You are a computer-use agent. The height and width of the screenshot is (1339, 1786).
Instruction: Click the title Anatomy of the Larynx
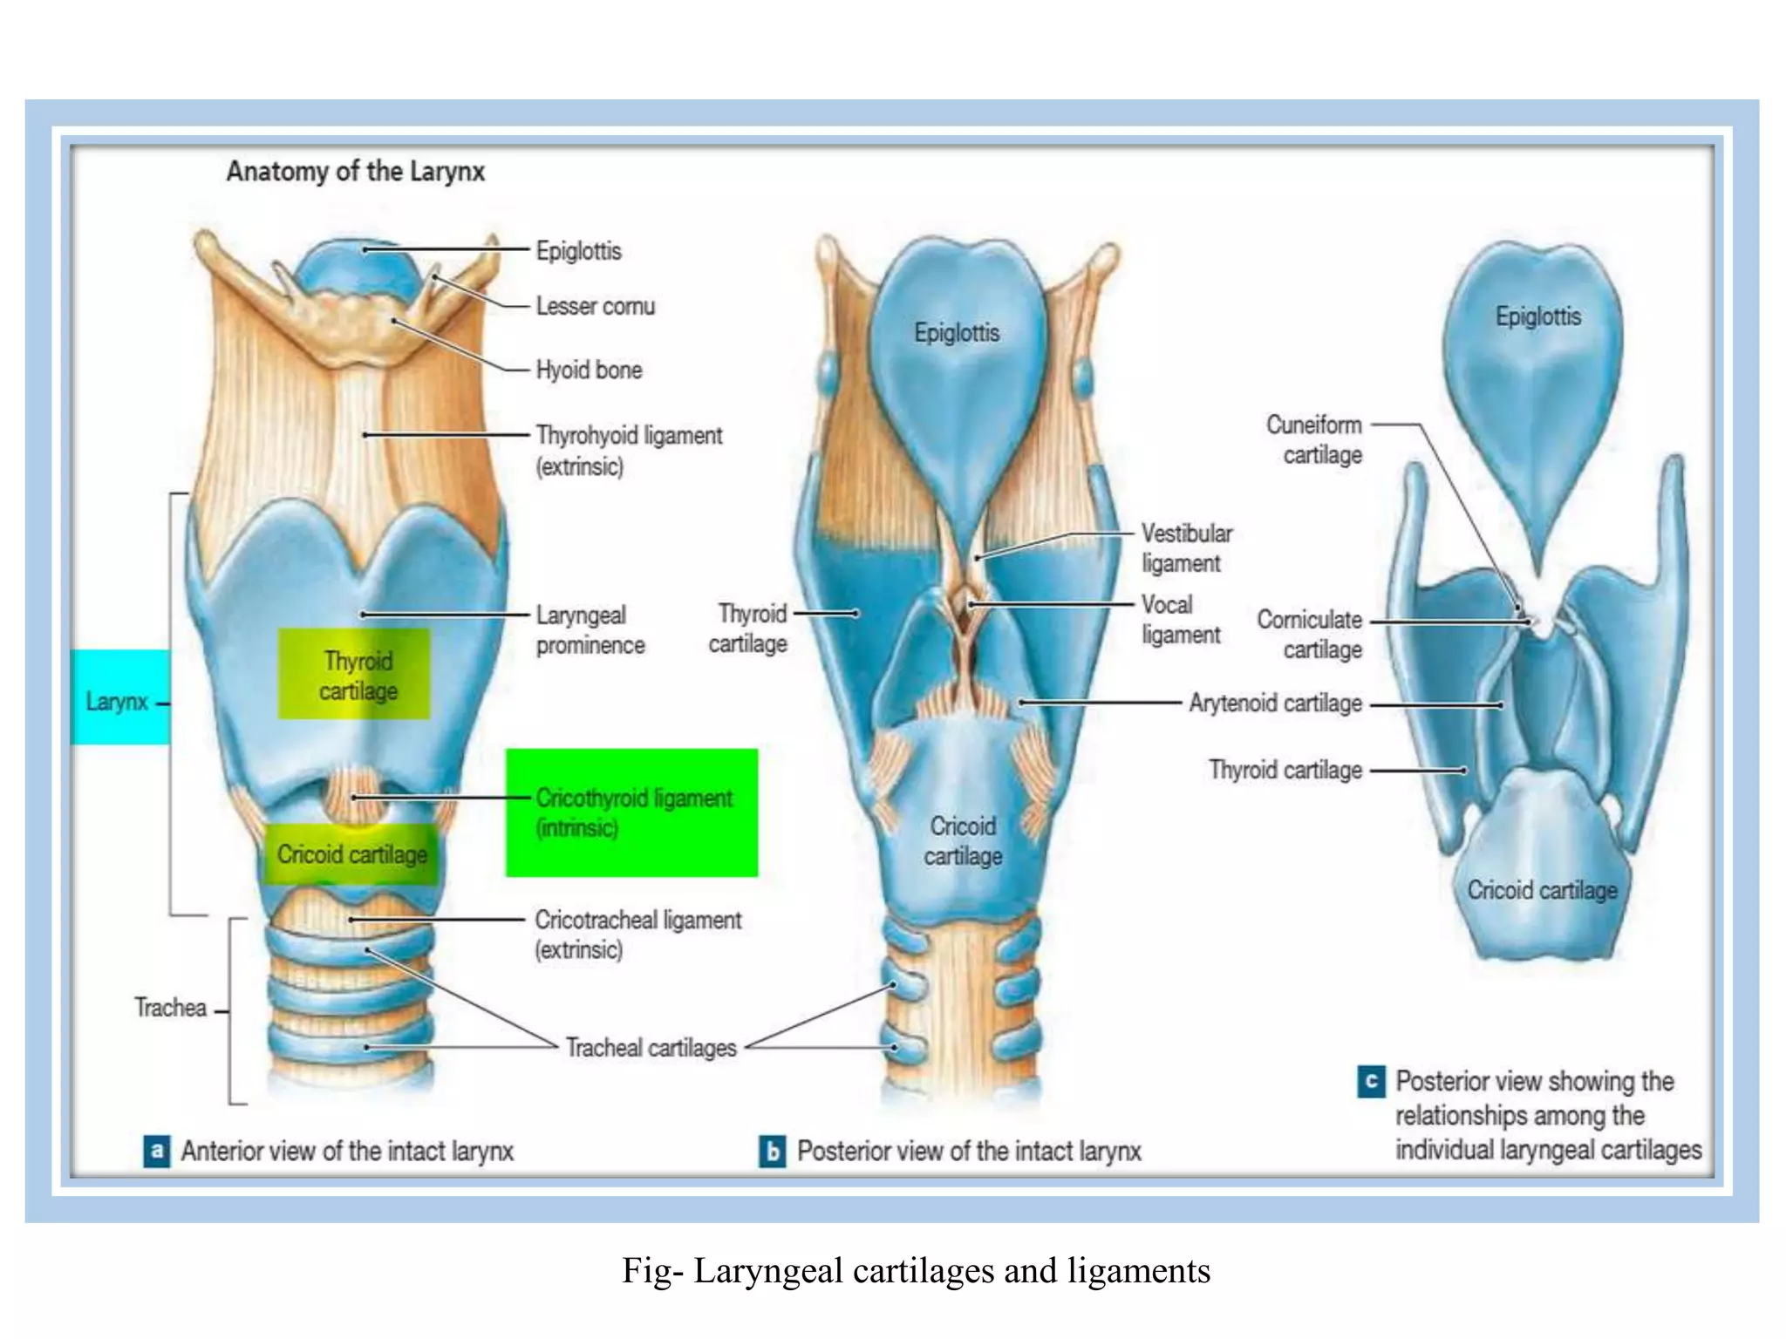pyautogui.click(x=355, y=171)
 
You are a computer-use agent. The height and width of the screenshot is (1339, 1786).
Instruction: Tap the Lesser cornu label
pyautogui.click(x=595, y=306)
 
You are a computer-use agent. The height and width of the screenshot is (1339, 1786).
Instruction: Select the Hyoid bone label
pyautogui.click(x=589, y=370)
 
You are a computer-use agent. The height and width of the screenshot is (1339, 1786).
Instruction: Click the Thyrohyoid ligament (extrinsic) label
pyautogui.click(x=628, y=450)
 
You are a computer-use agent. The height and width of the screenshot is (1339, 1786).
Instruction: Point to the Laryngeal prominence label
pyautogui.click(x=590, y=629)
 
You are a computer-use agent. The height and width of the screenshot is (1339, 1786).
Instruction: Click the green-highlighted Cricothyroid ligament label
pyautogui.click(x=632, y=812)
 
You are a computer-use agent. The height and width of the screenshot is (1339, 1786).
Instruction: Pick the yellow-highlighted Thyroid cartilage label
pyautogui.click(x=356, y=675)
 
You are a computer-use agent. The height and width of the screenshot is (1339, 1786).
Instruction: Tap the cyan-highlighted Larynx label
pyautogui.click(x=118, y=701)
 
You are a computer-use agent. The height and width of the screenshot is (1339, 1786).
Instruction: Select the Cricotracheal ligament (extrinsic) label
pyautogui.click(x=637, y=934)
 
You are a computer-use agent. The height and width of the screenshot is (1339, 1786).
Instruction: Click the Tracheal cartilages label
pyautogui.click(x=651, y=1047)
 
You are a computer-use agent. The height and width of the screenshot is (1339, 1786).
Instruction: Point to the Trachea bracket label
pyautogui.click(x=170, y=1008)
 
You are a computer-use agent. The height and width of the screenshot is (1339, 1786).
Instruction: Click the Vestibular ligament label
pyautogui.click(x=1185, y=547)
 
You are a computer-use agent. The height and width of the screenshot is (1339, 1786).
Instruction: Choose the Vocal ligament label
pyautogui.click(x=1178, y=619)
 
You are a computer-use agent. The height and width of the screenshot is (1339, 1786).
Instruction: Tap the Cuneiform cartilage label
pyautogui.click(x=1314, y=439)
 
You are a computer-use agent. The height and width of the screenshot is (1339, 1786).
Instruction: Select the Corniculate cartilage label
pyautogui.click(x=1310, y=634)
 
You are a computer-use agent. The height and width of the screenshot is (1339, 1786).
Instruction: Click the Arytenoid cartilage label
pyautogui.click(x=1274, y=703)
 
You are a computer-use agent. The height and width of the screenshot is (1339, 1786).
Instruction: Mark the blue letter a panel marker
pyautogui.click(x=157, y=1151)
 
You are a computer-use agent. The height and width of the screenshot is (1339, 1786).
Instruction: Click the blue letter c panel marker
pyautogui.click(x=1371, y=1082)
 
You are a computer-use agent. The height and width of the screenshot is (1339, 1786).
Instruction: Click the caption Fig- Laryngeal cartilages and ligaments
pyautogui.click(x=916, y=1271)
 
